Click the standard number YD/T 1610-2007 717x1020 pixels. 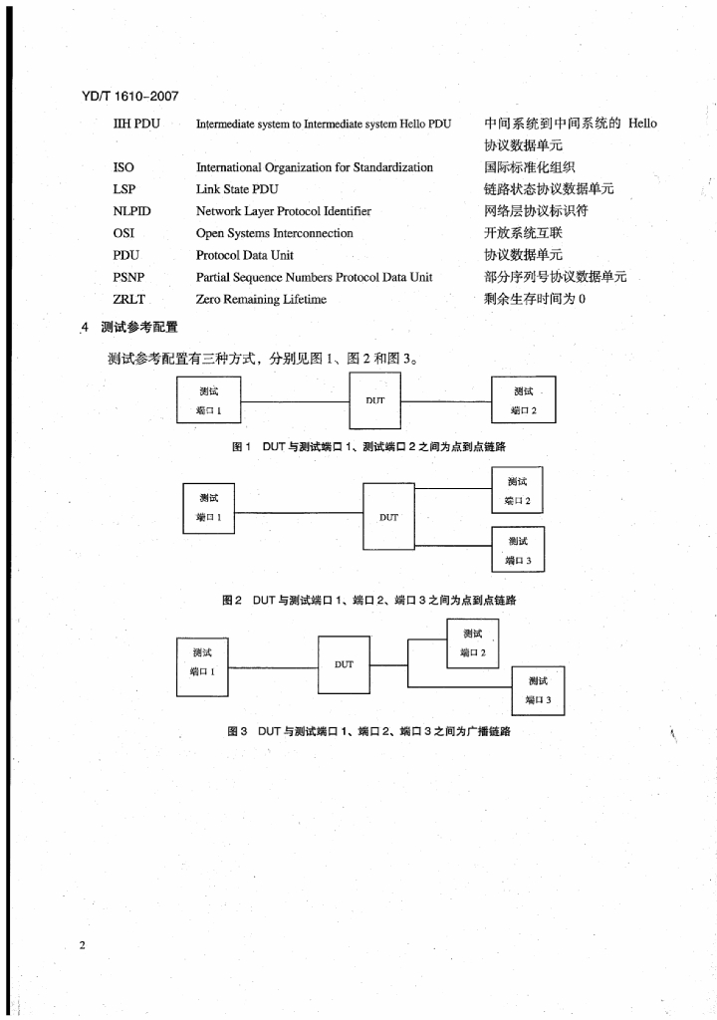click(123, 97)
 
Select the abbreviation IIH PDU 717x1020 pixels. click(136, 124)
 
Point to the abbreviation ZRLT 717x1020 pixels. click(129, 299)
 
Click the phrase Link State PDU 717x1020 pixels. click(237, 189)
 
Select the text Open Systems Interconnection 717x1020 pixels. click(275, 233)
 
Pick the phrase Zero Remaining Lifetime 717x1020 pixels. click(261, 299)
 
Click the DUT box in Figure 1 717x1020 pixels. click(374, 399)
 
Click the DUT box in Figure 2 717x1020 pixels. click(388, 517)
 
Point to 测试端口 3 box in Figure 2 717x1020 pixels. click(518, 551)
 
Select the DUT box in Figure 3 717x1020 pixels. click(344, 664)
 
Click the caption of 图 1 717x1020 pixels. click(375, 447)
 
